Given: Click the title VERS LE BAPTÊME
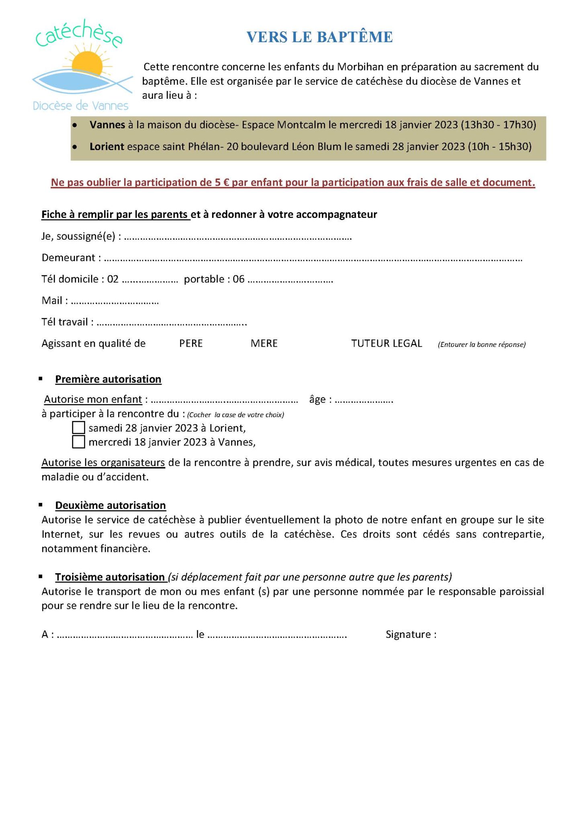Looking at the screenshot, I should [x=319, y=37].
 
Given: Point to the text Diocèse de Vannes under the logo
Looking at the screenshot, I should [x=80, y=106].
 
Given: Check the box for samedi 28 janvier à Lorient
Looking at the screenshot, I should [x=78, y=427].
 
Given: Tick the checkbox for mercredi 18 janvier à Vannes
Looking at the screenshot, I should [x=78, y=442].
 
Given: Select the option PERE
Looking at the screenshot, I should [x=191, y=344].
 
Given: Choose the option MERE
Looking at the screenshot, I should [x=264, y=344].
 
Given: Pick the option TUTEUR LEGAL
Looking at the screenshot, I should [x=387, y=344].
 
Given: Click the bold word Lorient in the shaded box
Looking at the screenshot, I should [x=106, y=146].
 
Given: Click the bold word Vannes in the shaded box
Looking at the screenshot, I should [x=107, y=125].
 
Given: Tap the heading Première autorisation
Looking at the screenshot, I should [x=108, y=379].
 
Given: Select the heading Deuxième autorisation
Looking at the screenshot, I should [x=110, y=505].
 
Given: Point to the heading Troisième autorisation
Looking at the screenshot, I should [x=110, y=577].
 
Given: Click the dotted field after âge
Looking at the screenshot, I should [x=364, y=401].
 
